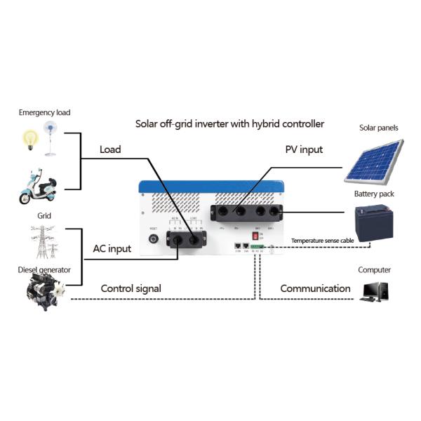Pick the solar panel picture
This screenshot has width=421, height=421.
coord(375,161)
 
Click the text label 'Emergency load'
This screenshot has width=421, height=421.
coord(44,112)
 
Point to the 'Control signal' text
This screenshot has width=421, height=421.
coord(131,288)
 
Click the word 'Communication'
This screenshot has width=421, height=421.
coord(315,288)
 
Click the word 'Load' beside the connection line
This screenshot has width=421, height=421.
coord(109,149)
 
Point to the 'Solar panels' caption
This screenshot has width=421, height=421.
coord(378,128)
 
